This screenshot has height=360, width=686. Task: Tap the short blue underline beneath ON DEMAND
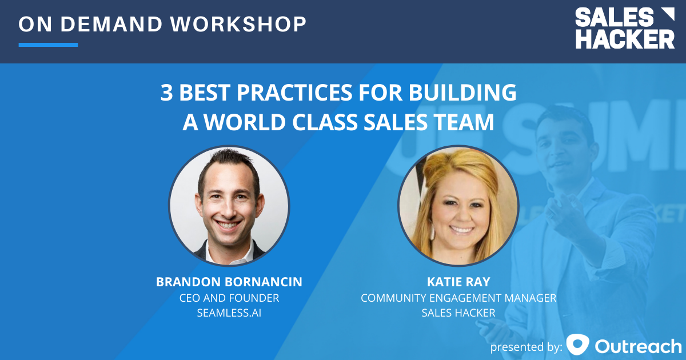[x=48, y=45]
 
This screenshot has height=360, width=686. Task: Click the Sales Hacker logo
[x=624, y=29]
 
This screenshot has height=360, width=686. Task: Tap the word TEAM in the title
[x=464, y=123]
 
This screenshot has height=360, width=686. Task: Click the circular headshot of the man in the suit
[x=229, y=206]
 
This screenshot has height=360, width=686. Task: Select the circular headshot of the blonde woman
[x=458, y=206]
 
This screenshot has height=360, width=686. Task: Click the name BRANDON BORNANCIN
[x=229, y=282]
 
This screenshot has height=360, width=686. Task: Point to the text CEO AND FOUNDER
[x=229, y=298]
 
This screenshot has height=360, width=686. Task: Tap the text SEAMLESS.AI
[x=229, y=313]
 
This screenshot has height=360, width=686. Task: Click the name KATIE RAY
[x=458, y=282]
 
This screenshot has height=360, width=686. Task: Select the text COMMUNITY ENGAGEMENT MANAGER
[x=458, y=298]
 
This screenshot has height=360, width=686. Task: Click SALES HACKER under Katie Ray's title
[x=458, y=313]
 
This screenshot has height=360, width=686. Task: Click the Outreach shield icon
[x=577, y=345]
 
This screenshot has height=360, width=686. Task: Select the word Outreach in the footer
[x=638, y=346]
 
